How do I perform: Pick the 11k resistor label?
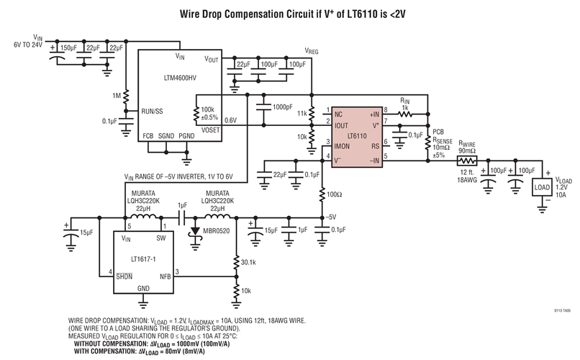pos(302,114)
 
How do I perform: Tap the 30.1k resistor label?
pos(248,262)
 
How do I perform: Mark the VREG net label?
pos(311,52)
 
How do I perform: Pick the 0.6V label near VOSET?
pos(232,120)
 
